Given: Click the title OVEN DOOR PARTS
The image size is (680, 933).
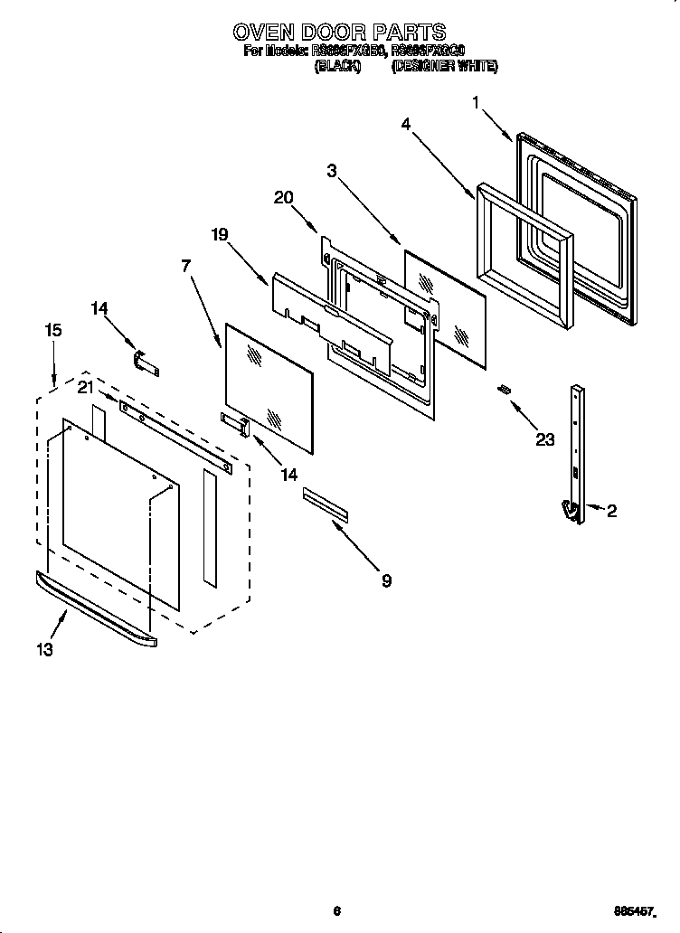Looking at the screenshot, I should click(x=339, y=33).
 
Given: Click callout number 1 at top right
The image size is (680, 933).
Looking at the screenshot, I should click(x=476, y=104).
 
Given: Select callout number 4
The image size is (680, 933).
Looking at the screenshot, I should click(x=407, y=125).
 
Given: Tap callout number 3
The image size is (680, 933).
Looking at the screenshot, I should click(x=333, y=171).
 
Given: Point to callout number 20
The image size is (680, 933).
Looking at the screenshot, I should click(x=283, y=198).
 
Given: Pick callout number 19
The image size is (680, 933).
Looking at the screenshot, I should click(x=220, y=234).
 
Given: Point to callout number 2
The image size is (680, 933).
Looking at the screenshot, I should click(x=611, y=512).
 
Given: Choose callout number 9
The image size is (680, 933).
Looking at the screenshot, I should click(x=386, y=580).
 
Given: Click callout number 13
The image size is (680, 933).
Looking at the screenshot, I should click(x=44, y=648).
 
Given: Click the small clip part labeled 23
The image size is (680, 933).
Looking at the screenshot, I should click(x=504, y=389).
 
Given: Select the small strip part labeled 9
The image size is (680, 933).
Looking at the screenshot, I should click(x=325, y=504).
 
